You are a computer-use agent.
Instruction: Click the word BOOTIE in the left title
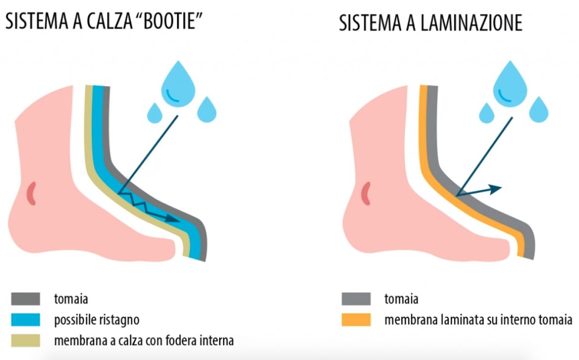tap(169, 21)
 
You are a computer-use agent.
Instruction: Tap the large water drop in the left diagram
tap(178, 84)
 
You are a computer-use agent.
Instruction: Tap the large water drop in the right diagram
tap(510, 84)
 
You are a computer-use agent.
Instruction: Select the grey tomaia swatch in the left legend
tap(25, 299)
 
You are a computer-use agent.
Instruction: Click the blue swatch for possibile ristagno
tap(25, 320)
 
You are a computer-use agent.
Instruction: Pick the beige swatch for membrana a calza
tap(25, 340)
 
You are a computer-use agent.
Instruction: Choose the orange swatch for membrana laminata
tap(356, 320)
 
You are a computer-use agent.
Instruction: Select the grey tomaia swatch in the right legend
tap(356, 299)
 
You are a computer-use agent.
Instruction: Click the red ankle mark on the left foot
tap(32, 193)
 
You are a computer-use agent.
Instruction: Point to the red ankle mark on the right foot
tap(366, 193)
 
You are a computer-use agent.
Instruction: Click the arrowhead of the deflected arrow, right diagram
tap(495, 189)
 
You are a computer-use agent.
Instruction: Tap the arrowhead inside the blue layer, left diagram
tap(172, 219)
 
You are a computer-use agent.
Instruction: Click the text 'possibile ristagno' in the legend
tap(96, 320)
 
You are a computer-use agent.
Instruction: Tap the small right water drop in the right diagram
tap(539, 109)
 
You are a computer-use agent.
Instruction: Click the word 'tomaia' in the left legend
tap(71, 299)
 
